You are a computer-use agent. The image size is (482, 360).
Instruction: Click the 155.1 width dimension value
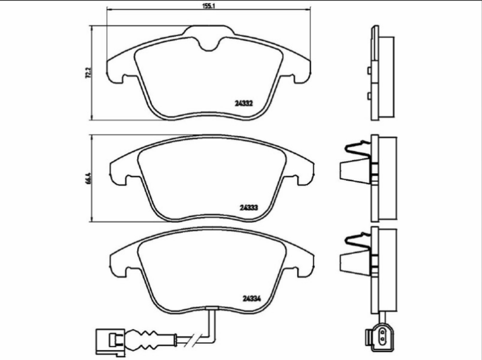208,6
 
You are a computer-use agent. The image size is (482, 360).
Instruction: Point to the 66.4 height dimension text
88,179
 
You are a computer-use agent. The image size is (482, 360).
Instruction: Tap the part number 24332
243,103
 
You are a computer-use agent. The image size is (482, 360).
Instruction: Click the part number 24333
249,208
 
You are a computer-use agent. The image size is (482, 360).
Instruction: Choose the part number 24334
252,298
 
